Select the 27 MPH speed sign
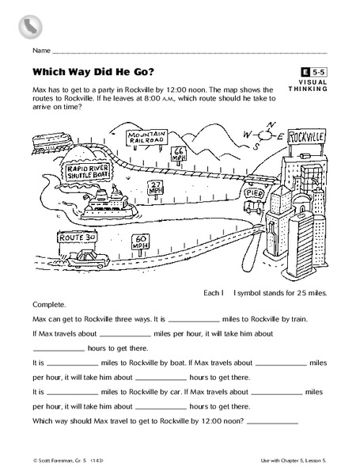click(156, 188)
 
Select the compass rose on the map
click(267, 135)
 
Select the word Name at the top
click(42, 49)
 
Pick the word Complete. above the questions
click(48, 304)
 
